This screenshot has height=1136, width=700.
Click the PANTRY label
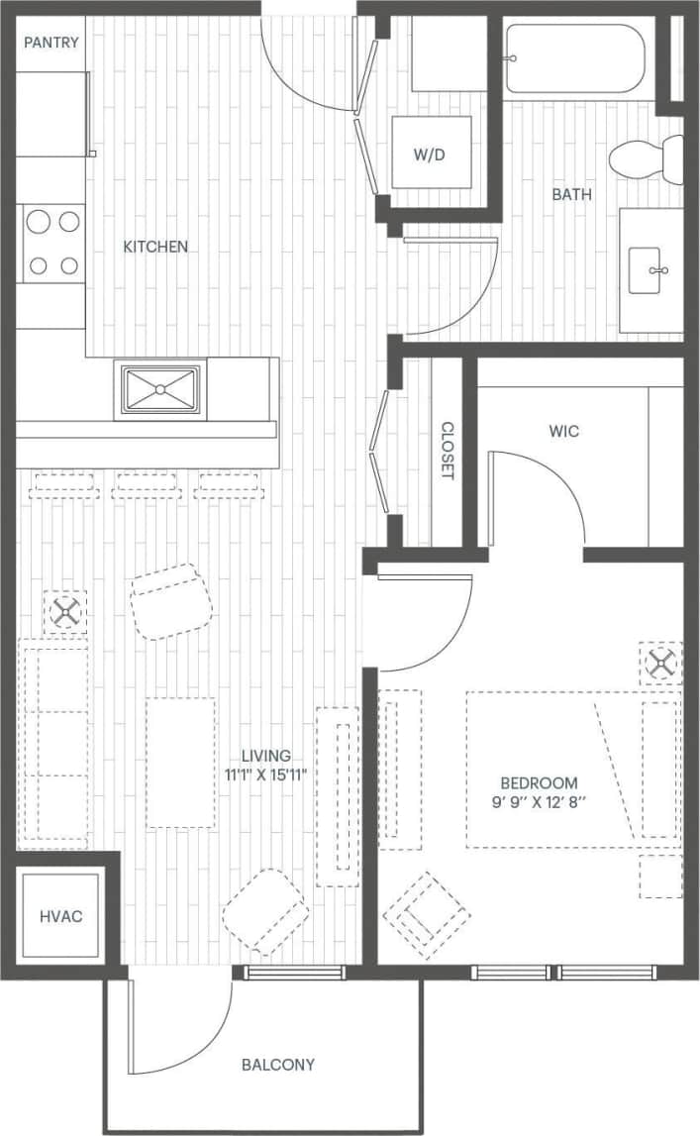pyautogui.click(x=51, y=43)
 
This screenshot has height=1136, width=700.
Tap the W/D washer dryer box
pyautogui.click(x=431, y=153)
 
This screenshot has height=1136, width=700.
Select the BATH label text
pyautogui.click(x=571, y=194)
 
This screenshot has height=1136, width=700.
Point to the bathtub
pyautogui.click(x=574, y=59)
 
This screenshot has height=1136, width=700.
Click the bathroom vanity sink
pyautogui.click(x=650, y=269)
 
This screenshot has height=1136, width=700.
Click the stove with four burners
pyautogui.click(x=52, y=243)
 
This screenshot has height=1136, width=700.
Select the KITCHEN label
pyautogui.click(x=155, y=247)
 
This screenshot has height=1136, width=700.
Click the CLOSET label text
pyautogui.click(x=447, y=452)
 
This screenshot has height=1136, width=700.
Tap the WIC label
pyautogui.click(x=563, y=432)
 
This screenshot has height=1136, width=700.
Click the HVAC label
pyautogui.click(x=61, y=916)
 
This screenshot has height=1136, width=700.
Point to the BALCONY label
pyautogui.click(x=278, y=1065)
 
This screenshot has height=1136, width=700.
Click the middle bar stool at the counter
pyautogui.click(x=147, y=485)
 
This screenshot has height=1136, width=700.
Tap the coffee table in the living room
pyautogui.click(x=180, y=763)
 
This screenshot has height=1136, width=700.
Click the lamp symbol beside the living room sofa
pyautogui.click(x=65, y=612)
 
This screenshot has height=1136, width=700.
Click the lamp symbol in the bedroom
pyautogui.click(x=659, y=663)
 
